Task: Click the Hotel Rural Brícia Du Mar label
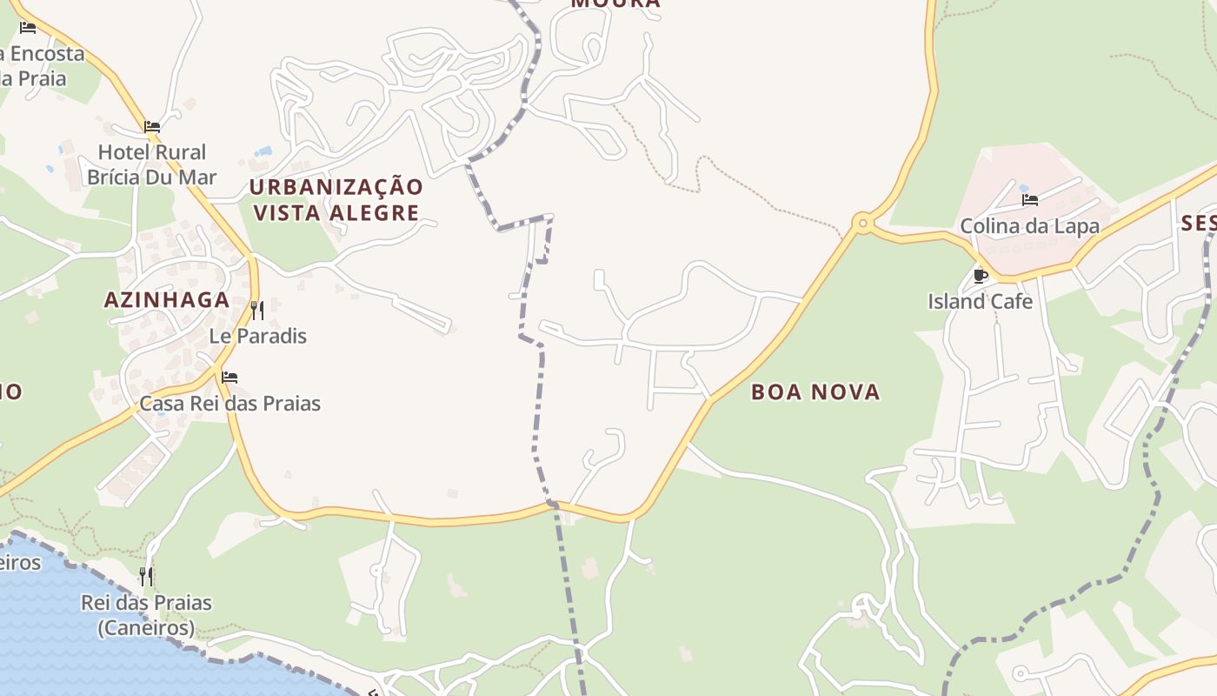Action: pyautogui.click(x=151, y=164)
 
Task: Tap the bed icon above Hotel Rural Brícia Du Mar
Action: pyautogui.click(x=152, y=127)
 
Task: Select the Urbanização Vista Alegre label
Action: pyautogui.click(x=336, y=199)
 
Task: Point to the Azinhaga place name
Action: pyautogui.click(x=167, y=300)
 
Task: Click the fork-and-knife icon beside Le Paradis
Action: pyautogui.click(x=257, y=311)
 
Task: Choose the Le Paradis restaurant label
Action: pyautogui.click(x=258, y=336)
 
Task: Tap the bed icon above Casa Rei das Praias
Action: pyautogui.click(x=229, y=378)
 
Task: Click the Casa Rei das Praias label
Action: pyautogui.click(x=230, y=404)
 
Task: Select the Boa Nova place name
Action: pyautogui.click(x=815, y=392)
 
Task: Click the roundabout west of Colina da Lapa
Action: pyautogui.click(x=862, y=224)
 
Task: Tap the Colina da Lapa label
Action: pyautogui.click(x=1029, y=226)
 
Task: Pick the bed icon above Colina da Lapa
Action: pyautogui.click(x=1030, y=200)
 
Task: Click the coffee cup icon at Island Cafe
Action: pyautogui.click(x=981, y=276)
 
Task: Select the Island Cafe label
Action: pyautogui.click(x=981, y=302)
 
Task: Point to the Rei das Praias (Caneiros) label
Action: pyautogui.click(x=146, y=614)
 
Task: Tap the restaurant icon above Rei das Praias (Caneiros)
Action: pyautogui.click(x=146, y=576)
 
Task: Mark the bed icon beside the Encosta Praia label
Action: pyautogui.click(x=28, y=28)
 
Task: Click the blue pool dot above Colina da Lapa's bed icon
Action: pyautogui.click(x=1024, y=188)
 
